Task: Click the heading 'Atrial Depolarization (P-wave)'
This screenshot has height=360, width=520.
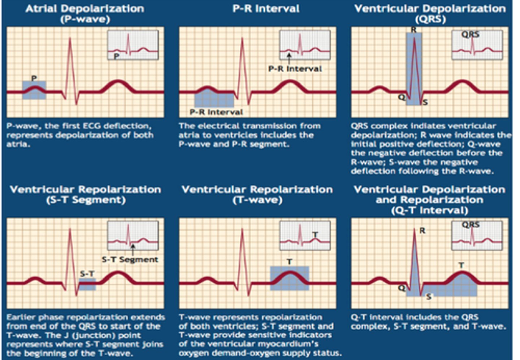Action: pos(85,13)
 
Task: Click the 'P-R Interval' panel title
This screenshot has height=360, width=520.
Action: pos(266,9)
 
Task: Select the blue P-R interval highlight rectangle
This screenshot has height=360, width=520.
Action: pos(214,100)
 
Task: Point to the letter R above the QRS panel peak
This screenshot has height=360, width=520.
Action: pos(414,30)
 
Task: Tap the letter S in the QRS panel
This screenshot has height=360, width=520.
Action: pos(425,103)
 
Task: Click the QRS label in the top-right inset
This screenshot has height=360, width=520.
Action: pos(470,35)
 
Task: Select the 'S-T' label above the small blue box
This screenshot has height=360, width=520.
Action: pos(87,274)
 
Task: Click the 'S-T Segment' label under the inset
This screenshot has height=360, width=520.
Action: pos(130,260)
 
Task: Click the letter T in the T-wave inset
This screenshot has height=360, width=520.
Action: pos(315,235)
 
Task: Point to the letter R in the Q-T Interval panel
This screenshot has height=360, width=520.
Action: pos(422,231)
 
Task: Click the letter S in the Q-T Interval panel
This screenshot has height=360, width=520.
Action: pos(429,297)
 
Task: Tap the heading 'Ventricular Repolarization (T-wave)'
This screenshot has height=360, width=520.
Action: pos(257,194)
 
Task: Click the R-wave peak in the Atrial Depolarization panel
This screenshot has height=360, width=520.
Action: pos(70,39)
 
